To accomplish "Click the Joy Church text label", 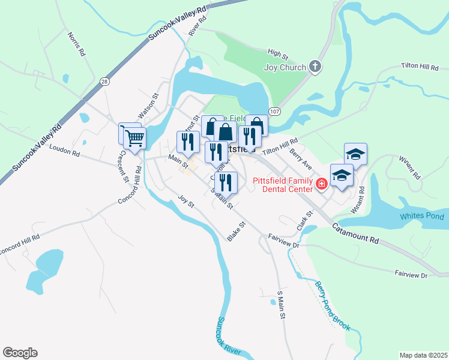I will pos(285,67).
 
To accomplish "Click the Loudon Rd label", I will pos(64,152).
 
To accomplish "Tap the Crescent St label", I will pos(123,166).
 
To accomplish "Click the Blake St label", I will pos(237,232).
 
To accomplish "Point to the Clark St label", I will pos(305,221).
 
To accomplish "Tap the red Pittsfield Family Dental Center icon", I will pos(321,183).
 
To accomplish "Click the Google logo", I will pos(20,353).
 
